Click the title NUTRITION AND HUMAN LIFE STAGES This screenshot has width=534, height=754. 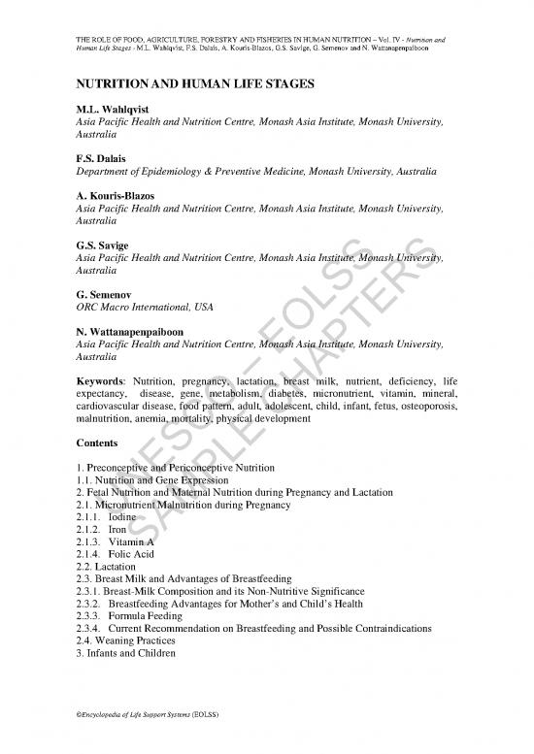pyautogui.click(x=194, y=85)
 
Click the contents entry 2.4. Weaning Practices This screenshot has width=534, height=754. pyautogui.click(x=125, y=641)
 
